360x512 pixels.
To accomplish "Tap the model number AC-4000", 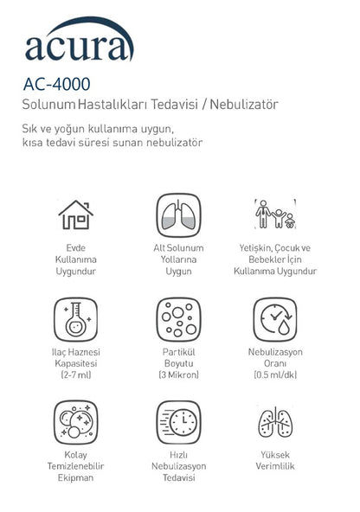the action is coord(57,86).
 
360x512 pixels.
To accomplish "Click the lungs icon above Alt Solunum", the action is coord(179,213).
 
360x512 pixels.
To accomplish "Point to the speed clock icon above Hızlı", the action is coord(179,421).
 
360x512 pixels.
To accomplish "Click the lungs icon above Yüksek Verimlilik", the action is coord(275,421).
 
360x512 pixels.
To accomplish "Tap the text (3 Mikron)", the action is coord(179,374).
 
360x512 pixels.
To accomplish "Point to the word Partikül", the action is coord(179,352).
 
